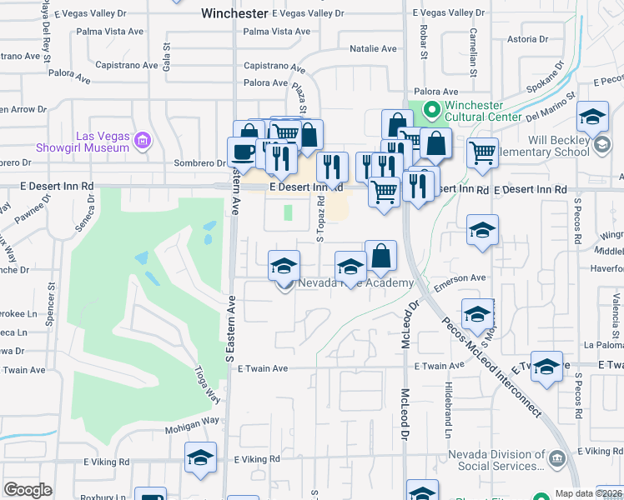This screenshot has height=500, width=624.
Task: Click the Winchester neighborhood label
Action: coord(235,13)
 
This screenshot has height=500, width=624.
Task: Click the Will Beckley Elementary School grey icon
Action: coord(601,146)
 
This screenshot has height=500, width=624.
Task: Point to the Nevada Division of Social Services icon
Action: coord(557,457)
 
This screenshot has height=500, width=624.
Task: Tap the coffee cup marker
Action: coord(243,152)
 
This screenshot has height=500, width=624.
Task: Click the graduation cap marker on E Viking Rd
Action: coord(200,458)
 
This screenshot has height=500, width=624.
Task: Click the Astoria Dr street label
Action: coord(521,39)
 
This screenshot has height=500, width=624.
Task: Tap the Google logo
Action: coord(28,489)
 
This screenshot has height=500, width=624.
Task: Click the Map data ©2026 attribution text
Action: coord(587,493)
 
